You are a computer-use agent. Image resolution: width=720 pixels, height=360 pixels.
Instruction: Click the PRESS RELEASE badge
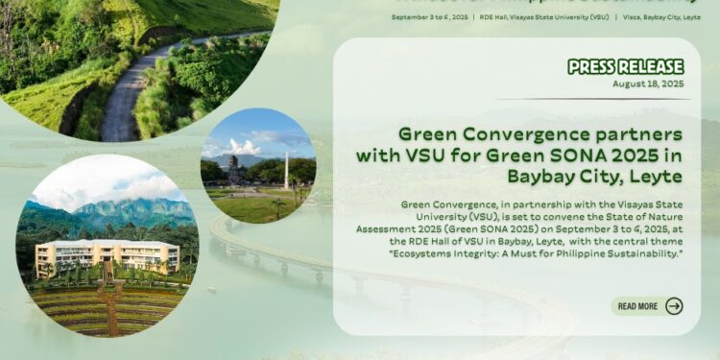click(x=625, y=66)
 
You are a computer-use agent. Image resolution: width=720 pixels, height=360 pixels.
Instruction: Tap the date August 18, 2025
click(x=648, y=84)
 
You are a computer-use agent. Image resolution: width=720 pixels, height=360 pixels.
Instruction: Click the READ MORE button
click(x=637, y=306)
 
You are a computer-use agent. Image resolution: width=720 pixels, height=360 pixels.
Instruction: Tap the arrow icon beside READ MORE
click(x=674, y=306)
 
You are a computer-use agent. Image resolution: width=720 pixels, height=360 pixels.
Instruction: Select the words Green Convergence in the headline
click(x=488, y=134)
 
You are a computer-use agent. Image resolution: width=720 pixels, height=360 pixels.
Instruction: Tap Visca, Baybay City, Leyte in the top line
click(x=662, y=16)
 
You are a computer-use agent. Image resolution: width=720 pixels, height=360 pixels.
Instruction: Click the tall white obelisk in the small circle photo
click(x=285, y=173)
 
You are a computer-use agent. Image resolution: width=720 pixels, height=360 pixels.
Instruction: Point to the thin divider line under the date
click(x=592, y=99)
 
